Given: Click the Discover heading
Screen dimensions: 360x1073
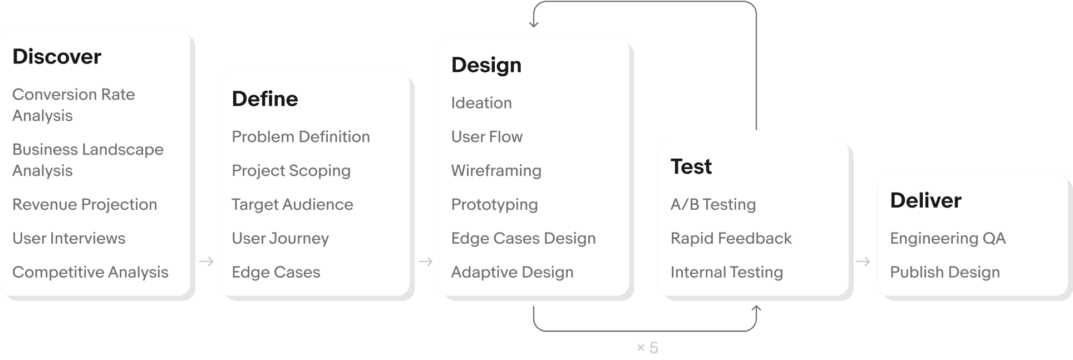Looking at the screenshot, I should pyautogui.click(x=57, y=57).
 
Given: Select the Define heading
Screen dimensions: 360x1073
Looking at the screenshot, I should pyautogui.click(x=265, y=99).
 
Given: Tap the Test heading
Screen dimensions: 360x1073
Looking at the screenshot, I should pyautogui.click(x=691, y=166).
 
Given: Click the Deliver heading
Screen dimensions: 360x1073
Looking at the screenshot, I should pyautogui.click(x=926, y=200).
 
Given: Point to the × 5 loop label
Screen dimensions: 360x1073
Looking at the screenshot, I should pyautogui.click(x=647, y=348).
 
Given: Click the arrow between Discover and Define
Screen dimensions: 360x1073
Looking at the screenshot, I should pyautogui.click(x=206, y=261).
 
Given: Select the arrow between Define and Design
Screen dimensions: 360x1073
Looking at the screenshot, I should pyautogui.click(x=425, y=261).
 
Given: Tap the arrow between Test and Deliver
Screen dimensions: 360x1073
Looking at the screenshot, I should pyautogui.click(x=863, y=261).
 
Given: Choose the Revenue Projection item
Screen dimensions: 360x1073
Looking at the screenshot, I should pyautogui.click(x=85, y=204).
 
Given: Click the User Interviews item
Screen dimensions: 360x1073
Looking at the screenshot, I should pyautogui.click(x=68, y=238).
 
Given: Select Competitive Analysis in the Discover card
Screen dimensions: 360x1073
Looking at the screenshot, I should pyautogui.click(x=90, y=272).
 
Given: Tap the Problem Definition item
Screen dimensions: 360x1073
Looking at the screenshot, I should pyautogui.click(x=301, y=137).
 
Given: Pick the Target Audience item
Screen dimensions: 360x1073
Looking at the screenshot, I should pyautogui.click(x=292, y=204).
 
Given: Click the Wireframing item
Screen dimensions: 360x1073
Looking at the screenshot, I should pyautogui.click(x=496, y=170).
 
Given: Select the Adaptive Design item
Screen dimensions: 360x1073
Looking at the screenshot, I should pyautogui.click(x=512, y=272).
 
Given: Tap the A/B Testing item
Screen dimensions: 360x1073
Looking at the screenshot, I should pyautogui.click(x=713, y=204).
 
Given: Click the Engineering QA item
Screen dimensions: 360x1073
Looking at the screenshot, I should pyautogui.click(x=947, y=238).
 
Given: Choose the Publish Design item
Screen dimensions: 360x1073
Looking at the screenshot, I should pyautogui.click(x=944, y=272).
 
